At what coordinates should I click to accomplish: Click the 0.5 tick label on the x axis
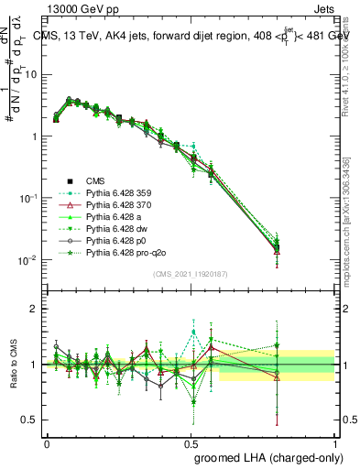coord(191,442)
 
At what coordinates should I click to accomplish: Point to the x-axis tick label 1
coord(333,442)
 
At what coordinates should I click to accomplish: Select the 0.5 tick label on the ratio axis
coord(32,420)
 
